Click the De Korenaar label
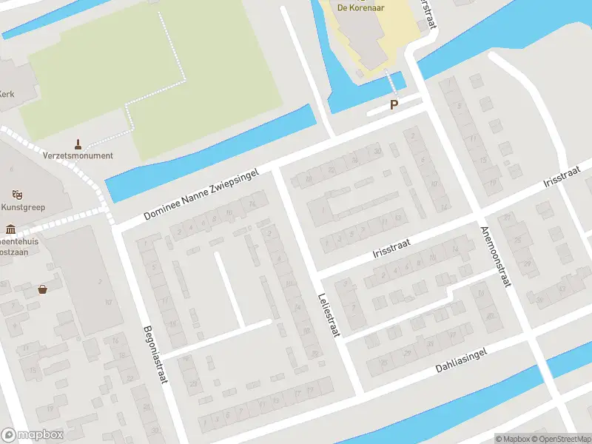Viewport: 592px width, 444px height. pyautogui.click(x=363, y=7)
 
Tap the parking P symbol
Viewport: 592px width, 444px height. pyautogui.click(x=394, y=105)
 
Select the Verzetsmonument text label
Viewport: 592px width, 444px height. pyautogui.click(x=78, y=155)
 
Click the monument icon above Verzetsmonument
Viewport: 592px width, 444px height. pyautogui.click(x=78, y=143)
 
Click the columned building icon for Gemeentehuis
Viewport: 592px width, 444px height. pyautogui.click(x=10, y=228)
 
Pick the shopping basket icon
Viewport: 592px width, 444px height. pyautogui.click(x=43, y=289)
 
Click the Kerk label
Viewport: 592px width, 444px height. pyautogui.click(x=7, y=95)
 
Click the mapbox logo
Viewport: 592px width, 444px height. pyautogui.click(x=31, y=435)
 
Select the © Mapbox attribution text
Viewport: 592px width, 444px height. pyautogui.click(x=511, y=439)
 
